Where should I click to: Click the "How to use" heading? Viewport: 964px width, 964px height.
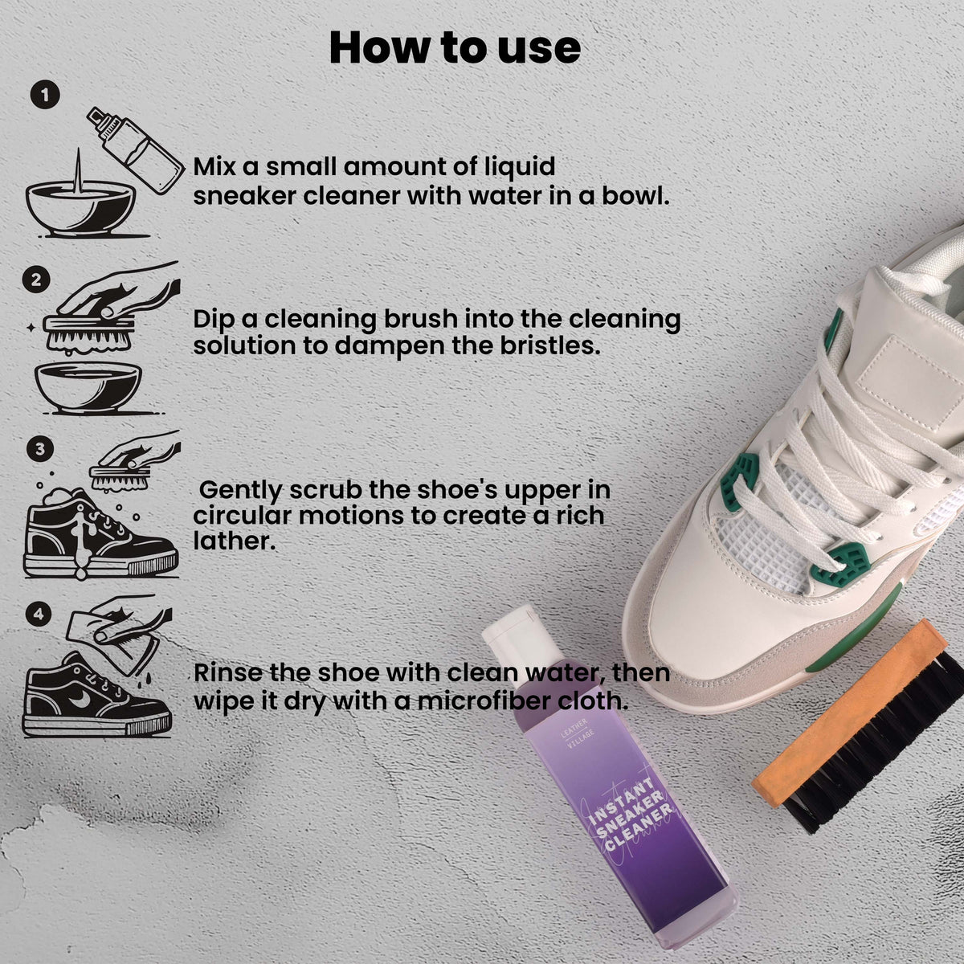click(455, 48)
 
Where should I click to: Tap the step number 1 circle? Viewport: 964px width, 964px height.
click(45, 95)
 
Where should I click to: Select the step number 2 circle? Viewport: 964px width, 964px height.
click(36, 280)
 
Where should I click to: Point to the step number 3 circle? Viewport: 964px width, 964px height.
click(40, 449)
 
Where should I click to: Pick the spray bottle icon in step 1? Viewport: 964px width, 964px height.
click(136, 149)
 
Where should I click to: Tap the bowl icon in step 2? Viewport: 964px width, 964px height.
click(88, 388)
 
